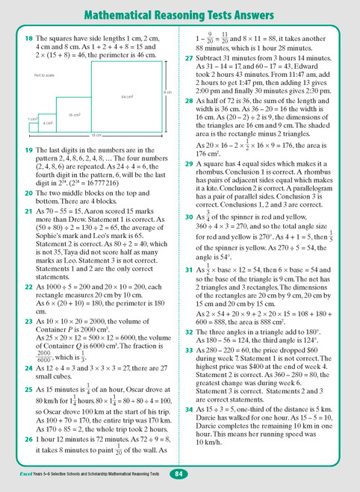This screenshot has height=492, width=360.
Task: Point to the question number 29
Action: (189, 190)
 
